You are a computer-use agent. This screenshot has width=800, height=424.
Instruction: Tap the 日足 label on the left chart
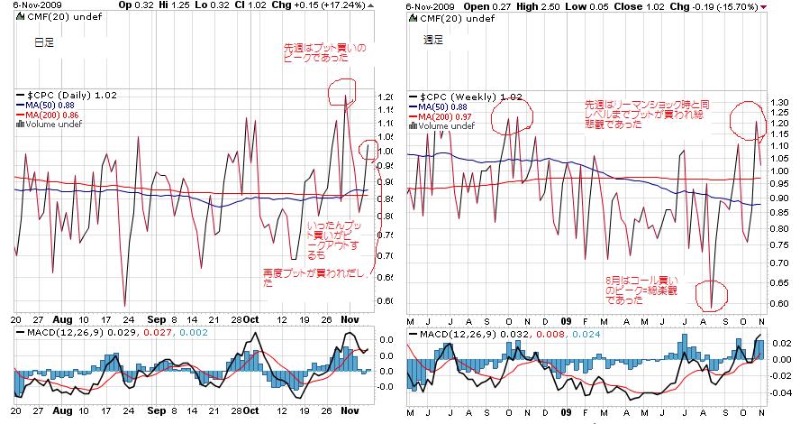[x=43, y=41]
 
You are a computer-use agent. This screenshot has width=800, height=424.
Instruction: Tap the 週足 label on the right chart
[x=433, y=40]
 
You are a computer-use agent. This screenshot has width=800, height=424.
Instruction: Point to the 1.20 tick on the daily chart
[x=386, y=97]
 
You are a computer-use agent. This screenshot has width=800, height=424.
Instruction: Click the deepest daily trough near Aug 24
[x=124, y=306]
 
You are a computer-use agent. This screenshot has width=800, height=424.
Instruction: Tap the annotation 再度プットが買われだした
[x=314, y=276]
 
